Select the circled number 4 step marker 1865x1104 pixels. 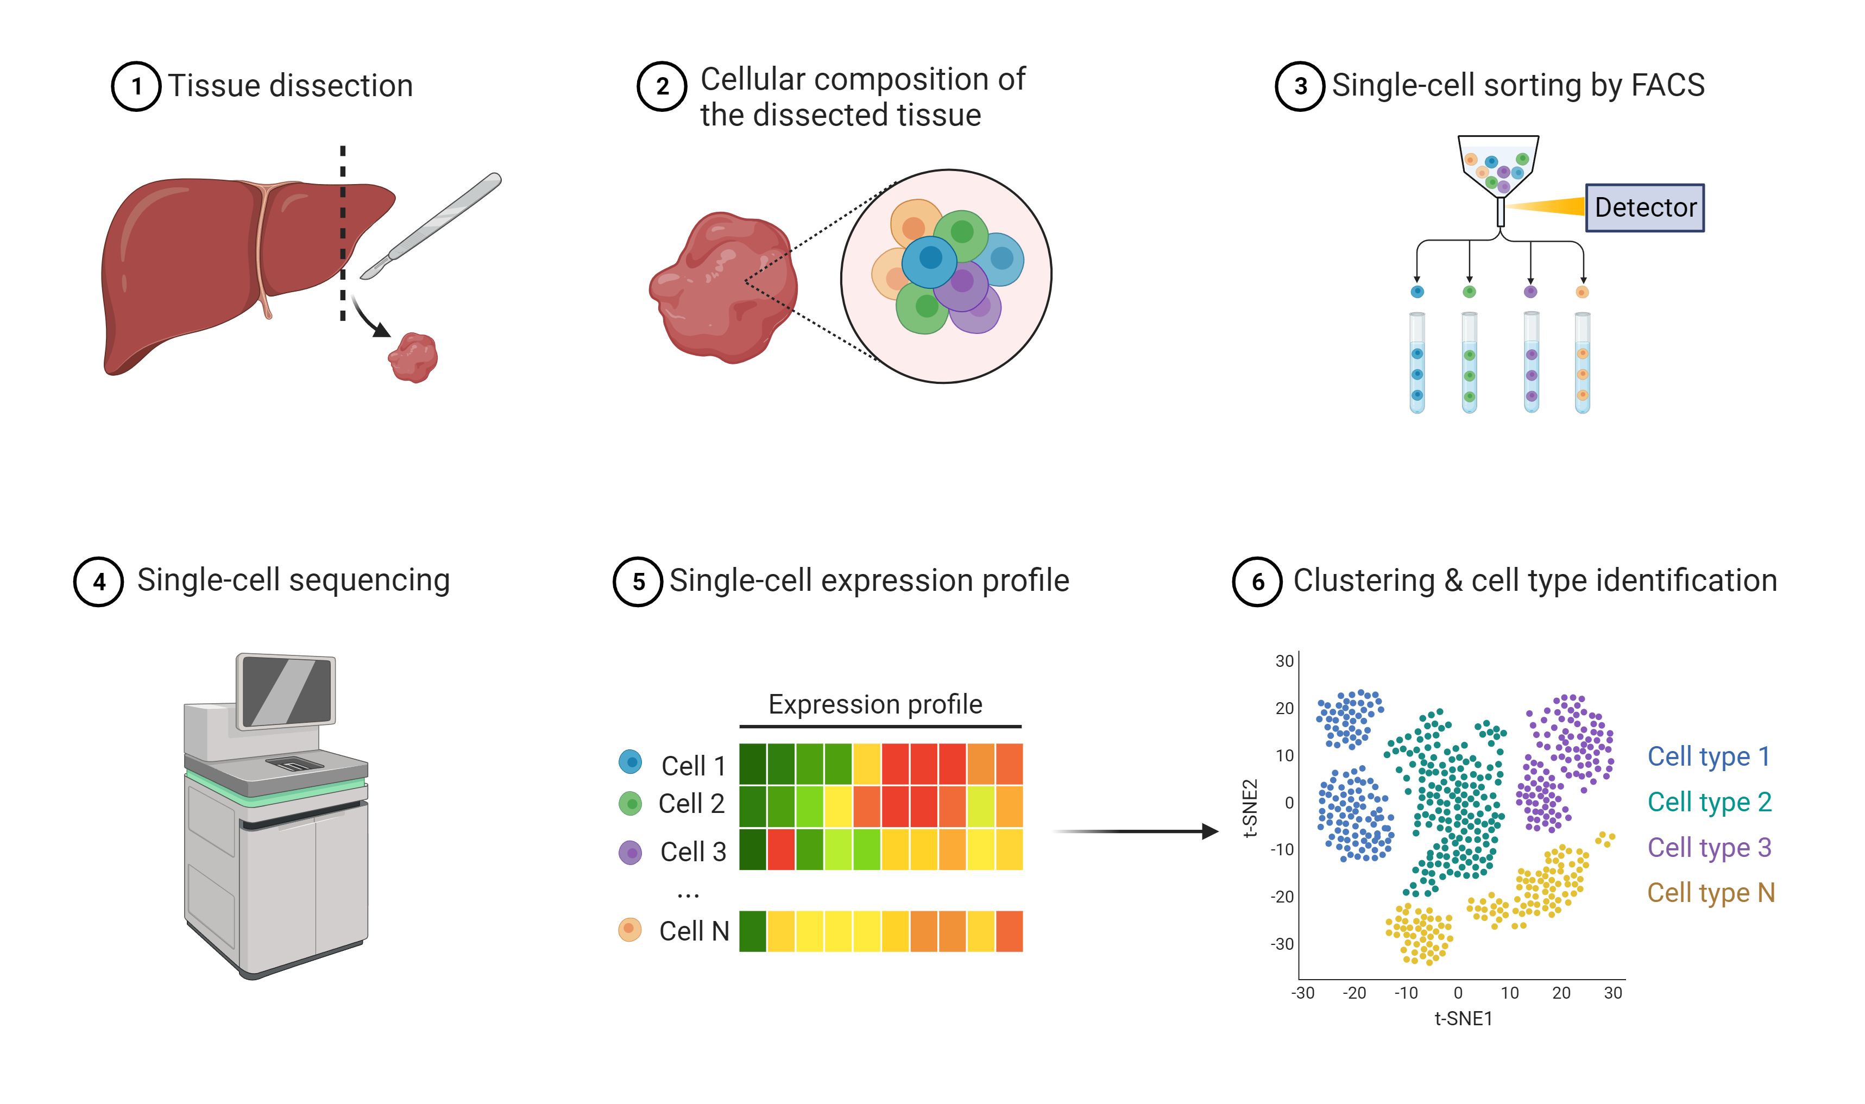(x=98, y=581)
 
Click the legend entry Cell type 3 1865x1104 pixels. (x=1708, y=847)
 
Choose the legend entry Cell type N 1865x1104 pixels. (x=1710, y=892)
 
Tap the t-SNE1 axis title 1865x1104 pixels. (x=1462, y=1018)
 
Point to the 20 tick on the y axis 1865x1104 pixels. (x=1284, y=708)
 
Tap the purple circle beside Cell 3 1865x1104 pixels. (x=630, y=852)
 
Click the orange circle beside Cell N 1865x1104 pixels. (x=629, y=929)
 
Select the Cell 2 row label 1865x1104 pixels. (x=691, y=804)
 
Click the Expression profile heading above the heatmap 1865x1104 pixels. (x=875, y=704)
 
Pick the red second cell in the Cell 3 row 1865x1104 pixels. (x=780, y=849)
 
